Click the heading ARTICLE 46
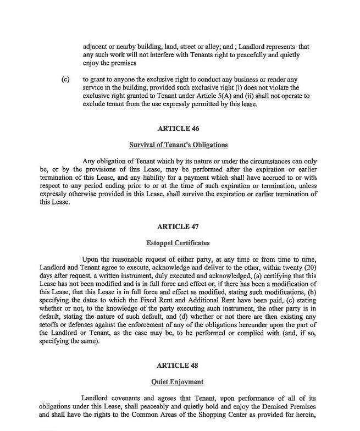tap(178, 129)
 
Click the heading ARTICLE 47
tap(178, 226)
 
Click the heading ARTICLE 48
tap(178, 365)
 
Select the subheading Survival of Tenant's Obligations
tap(178, 145)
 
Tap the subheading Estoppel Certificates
tap(178, 243)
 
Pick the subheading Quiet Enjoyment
tap(178, 382)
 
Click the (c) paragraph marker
tap(65, 79)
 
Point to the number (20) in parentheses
tap(309, 267)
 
